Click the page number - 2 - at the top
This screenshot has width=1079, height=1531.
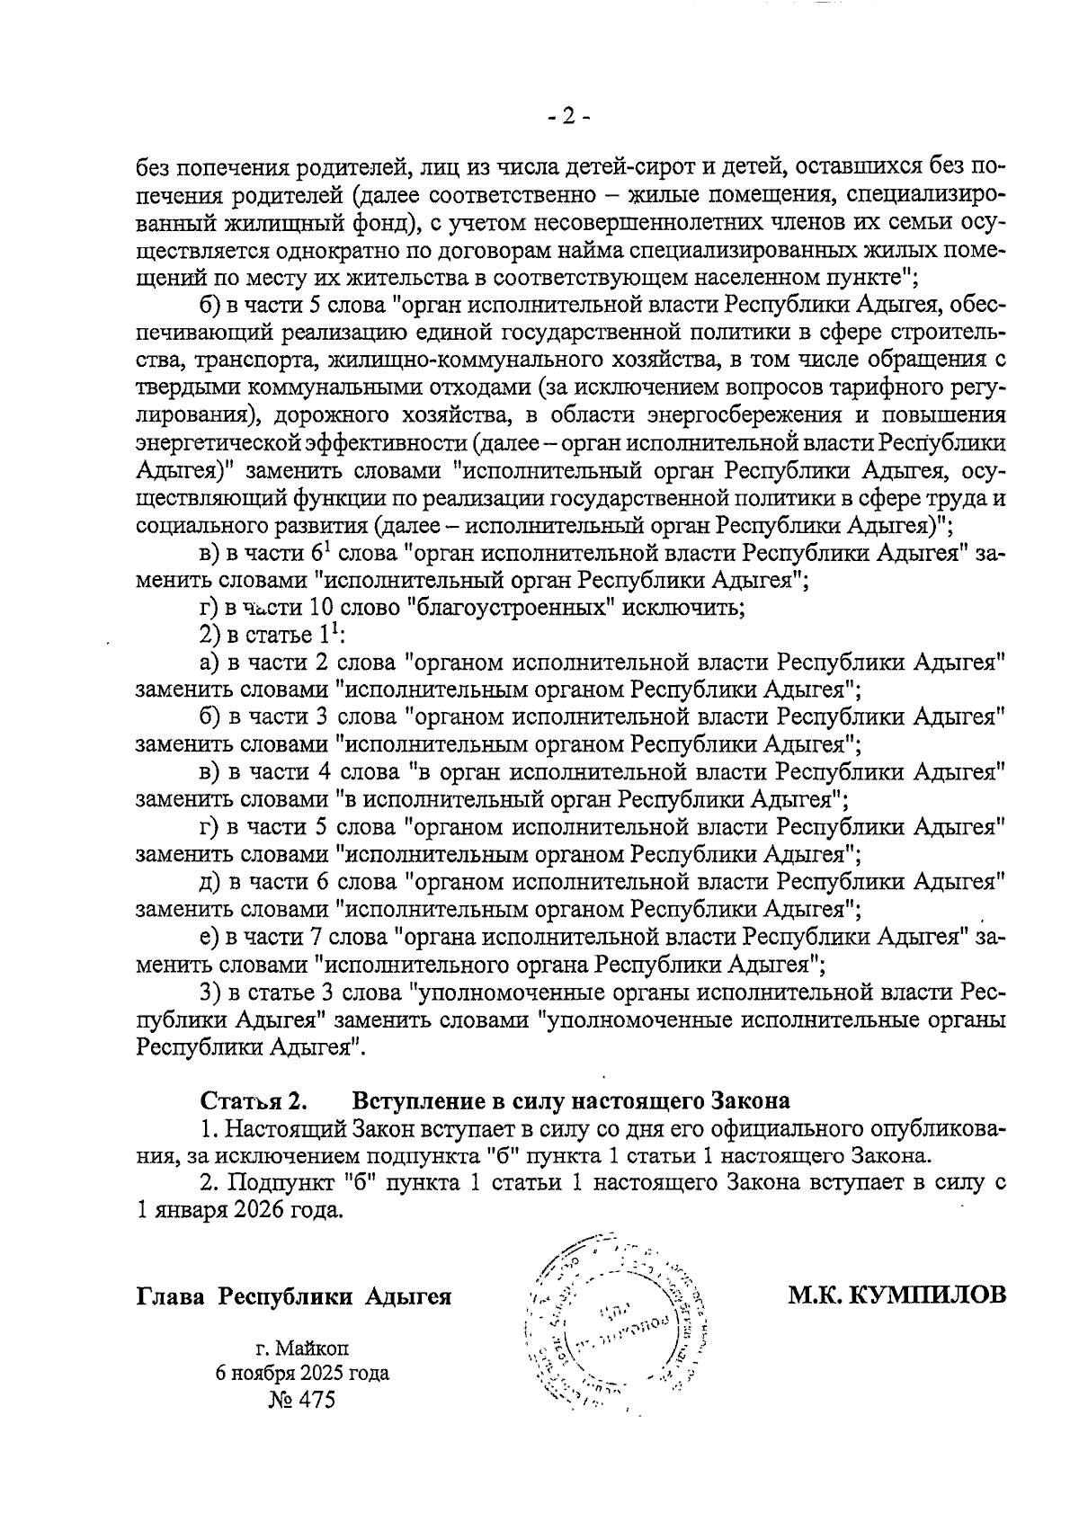(568, 116)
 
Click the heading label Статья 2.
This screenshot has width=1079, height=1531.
(254, 1101)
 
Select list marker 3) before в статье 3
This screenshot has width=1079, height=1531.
(210, 992)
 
